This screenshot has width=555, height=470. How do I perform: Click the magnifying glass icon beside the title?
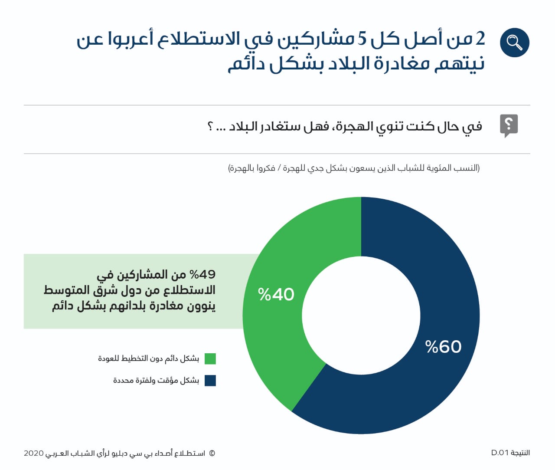click(x=514, y=43)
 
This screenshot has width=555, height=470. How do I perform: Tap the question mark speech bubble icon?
click(x=509, y=125)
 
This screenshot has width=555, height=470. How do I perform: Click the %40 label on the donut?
click(x=276, y=295)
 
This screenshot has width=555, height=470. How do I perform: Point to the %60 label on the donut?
click(x=444, y=347)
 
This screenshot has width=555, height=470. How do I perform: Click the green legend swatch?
click(x=210, y=359)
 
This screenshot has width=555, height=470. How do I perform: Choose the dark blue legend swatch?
click(x=210, y=381)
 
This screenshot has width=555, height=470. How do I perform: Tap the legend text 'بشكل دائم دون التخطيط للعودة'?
click(x=148, y=358)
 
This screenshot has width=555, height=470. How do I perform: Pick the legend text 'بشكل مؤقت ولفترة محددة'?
click(x=156, y=381)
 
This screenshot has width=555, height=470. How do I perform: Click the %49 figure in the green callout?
click(x=202, y=274)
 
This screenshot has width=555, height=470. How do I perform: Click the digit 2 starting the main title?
click(x=480, y=39)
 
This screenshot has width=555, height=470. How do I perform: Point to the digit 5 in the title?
click(x=362, y=39)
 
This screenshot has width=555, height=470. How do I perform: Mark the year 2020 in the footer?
click(x=34, y=454)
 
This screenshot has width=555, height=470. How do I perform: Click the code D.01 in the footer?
click(x=499, y=453)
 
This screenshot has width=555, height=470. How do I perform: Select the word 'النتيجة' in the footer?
click(x=520, y=453)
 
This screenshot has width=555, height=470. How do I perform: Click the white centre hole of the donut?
click(x=361, y=316)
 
